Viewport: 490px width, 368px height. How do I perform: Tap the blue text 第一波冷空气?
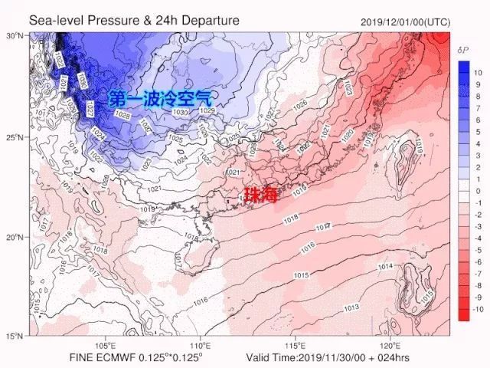pos(159,98)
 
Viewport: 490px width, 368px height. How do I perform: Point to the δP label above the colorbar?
pos(462,50)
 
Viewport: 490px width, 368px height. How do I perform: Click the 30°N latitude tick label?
pos(16,36)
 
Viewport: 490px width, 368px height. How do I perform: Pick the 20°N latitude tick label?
pos(16,237)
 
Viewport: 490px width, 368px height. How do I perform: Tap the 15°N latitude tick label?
pos(16,336)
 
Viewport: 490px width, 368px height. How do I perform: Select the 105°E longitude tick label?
pos(106,344)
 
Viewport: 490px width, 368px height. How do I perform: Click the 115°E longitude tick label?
pos(296,344)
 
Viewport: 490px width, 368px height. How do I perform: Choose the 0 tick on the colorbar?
pos(478,191)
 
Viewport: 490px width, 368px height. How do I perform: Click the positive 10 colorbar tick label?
pos(479,73)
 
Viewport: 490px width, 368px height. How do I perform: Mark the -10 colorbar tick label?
pos(479,309)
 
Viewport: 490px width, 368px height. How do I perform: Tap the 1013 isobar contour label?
pos(351,307)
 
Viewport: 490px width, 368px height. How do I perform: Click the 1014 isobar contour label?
pos(385,266)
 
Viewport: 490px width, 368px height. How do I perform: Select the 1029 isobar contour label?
pos(206,111)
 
